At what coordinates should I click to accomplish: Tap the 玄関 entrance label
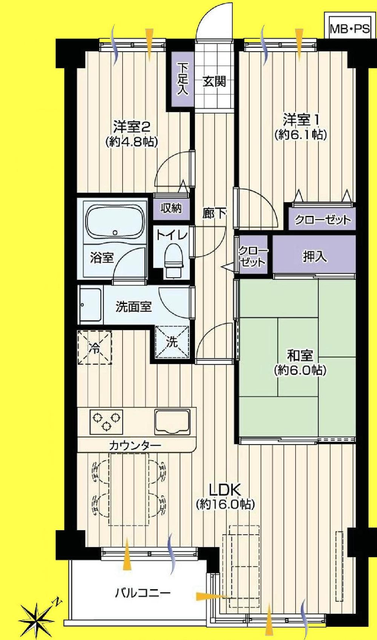pos(214,81)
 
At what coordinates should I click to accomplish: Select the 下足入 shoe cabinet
pos(183,79)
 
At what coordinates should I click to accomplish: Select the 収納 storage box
pos(171,208)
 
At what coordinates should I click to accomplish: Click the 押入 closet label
pos(314,256)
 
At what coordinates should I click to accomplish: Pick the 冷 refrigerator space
pos(95,347)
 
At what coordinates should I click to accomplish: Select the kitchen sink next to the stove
pos(172,422)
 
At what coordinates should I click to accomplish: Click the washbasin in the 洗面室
pos(90,305)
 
